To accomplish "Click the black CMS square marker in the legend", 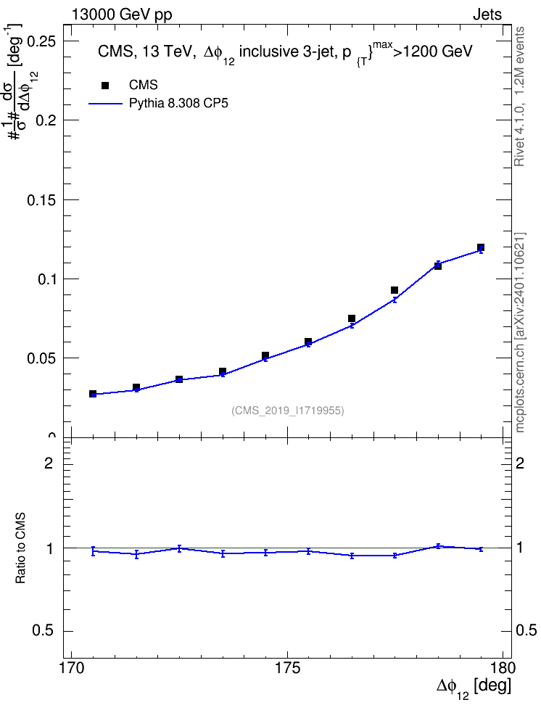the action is click(105, 86).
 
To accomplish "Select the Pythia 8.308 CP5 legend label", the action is click(178, 104).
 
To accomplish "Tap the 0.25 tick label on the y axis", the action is click(42, 41).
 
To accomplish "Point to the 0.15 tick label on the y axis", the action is click(42, 200).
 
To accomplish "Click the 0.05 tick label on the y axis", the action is click(42, 358).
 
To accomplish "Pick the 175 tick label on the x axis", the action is click(288, 668).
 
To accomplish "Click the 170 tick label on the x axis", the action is click(72, 668).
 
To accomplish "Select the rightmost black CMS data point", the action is click(481, 247).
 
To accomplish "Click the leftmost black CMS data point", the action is click(93, 394).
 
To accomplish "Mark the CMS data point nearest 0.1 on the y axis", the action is click(437, 266).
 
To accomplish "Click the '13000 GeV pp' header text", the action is click(122, 15).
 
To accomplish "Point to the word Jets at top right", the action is click(487, 15).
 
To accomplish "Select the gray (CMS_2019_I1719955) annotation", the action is click(288, 411).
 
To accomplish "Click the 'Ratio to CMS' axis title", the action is click(21, 548).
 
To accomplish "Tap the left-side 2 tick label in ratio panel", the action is click(49, 463).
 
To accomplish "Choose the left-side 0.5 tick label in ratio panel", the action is click(43, 631).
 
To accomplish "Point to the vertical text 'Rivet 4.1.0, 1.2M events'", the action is click(519, 96).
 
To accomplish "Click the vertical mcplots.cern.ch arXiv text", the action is click(520, 333).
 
